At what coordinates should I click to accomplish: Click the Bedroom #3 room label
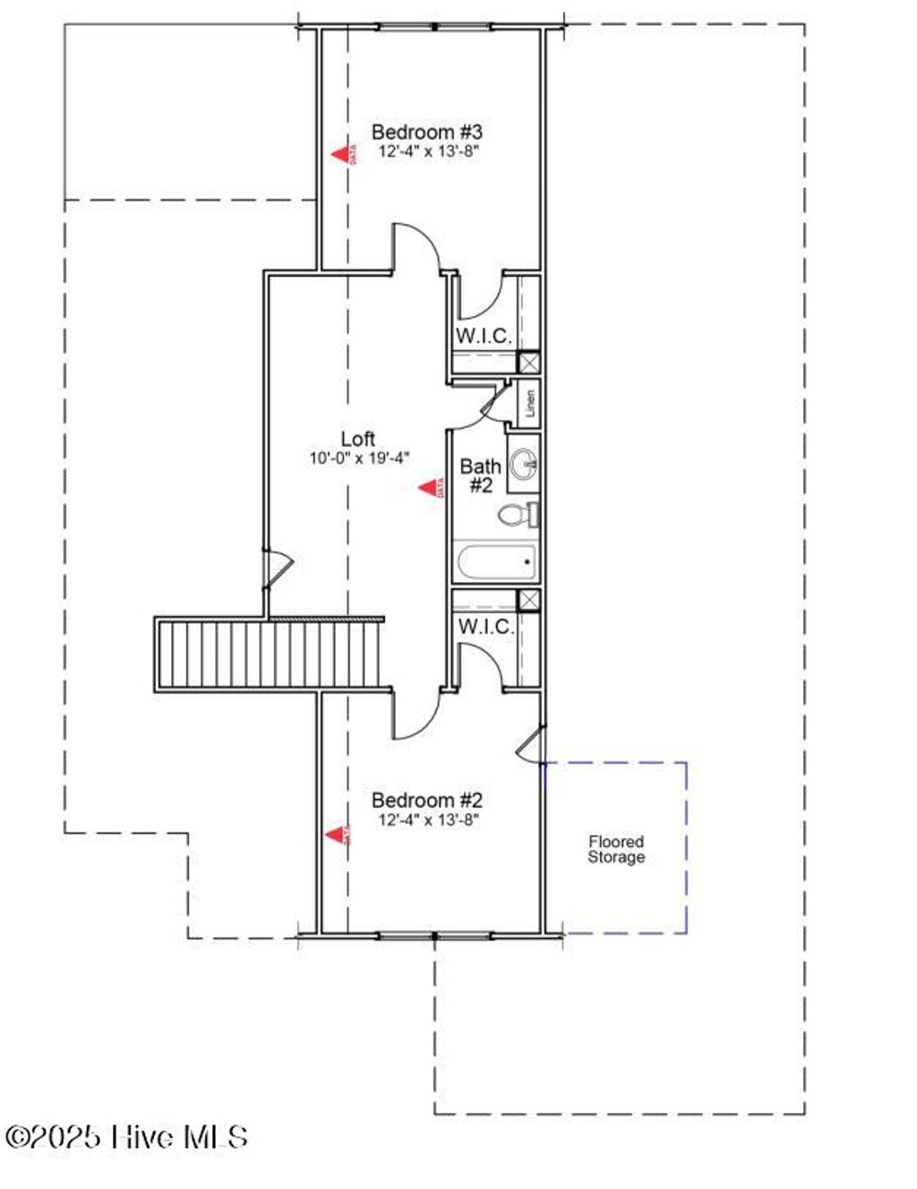pyautogui.click(x=427, y=133)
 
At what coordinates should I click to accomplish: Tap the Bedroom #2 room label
pyautogui.click(x=427, y=800)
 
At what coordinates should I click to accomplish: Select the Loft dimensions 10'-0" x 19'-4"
pyautogui.click(x=359, y=458)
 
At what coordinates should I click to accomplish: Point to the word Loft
pyautogui.click(x=358, y=439)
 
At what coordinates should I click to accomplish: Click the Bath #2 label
pyautogui.click(x=480, y=475)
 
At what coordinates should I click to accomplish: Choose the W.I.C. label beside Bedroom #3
pyautogui.click(x=484, y=337)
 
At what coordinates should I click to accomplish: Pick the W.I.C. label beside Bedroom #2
pyautogui.click(x=485, y=627)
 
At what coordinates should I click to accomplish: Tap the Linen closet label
pyautogui.click(x=530, y=404)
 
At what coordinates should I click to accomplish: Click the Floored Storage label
pyautogui.click(x=616, y=849)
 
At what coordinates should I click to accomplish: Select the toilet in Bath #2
pyautogui.click(x=515, y=515)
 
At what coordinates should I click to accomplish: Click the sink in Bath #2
pyautogui.click(x=524, y=464)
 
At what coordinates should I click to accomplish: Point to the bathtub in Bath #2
pyautogui.click(x=495, y=563)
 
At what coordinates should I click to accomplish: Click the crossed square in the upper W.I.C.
pyautogui.click(x=530, y=362)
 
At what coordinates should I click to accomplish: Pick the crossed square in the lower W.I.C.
pyautogui.click(x=530, y=600)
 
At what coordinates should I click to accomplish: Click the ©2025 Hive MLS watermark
pyautogui.click(x=126, y=1137)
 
